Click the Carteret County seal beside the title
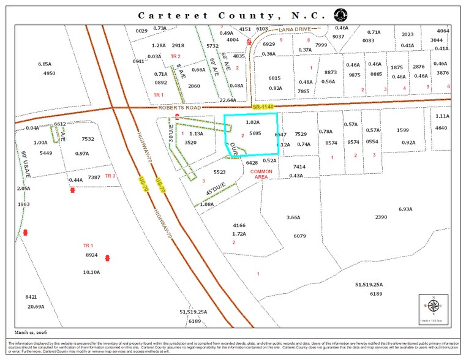[x=339, y=15]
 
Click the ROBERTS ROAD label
[x=181, y=107]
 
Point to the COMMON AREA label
[x=261, y=174]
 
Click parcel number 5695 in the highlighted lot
[x=255, y=133]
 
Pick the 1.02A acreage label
[x=253, y=122]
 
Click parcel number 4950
[x=49, y=73]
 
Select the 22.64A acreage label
[x=228, y=100]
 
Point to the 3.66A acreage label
[x=294, y=217]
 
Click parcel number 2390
[x=381, y=217]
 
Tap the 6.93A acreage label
[x=405, y=209]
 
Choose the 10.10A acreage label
[x=91, y=272]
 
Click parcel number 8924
[x=91, y=255]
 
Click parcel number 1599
[x=402, y=130]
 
